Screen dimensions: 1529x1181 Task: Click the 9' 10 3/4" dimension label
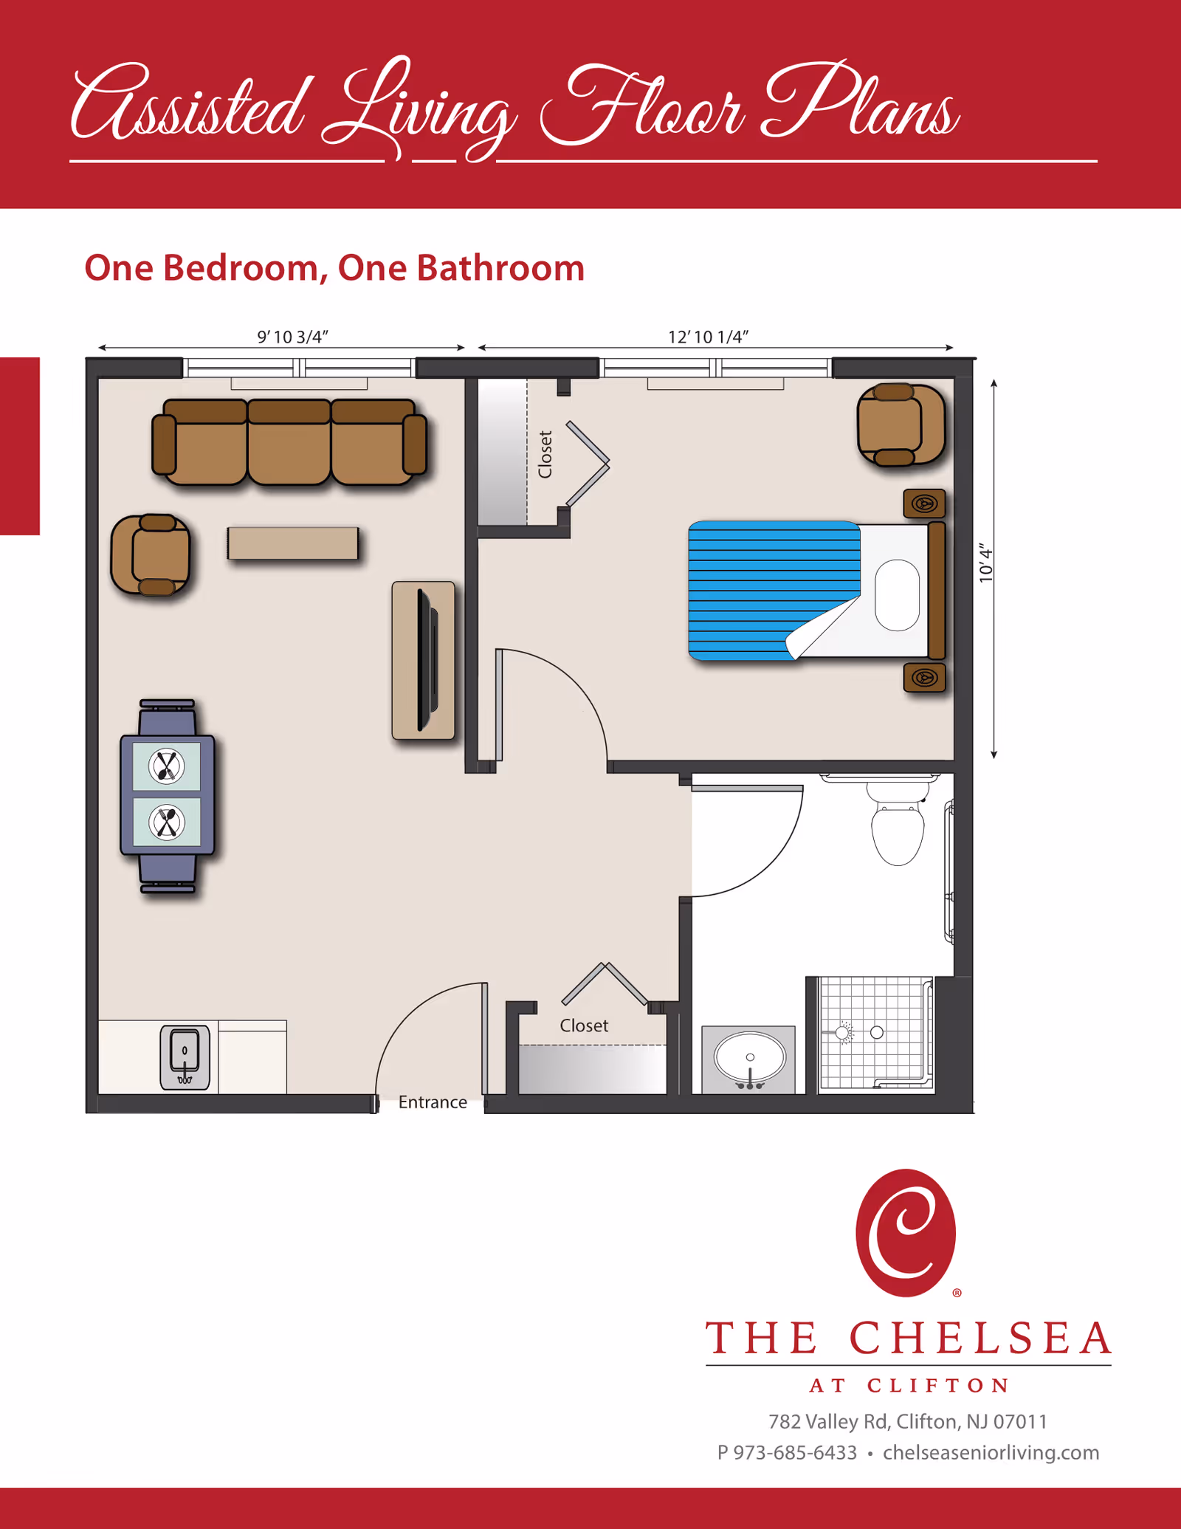tap(292, 337)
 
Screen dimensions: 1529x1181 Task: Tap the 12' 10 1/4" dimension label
tap(708, 337)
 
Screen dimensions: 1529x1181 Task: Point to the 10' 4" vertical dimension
tap(985, 565)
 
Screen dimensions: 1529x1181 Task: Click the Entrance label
tap(433, 1102)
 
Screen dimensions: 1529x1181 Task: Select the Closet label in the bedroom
tap(545, 455)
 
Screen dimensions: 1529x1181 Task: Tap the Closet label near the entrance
tap(584, 1025)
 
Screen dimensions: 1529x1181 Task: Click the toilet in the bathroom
tap(898, 831)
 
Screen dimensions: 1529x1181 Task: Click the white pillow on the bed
tap(897, 595)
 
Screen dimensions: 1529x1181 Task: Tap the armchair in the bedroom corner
tap(900, 425)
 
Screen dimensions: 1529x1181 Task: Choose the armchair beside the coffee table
tap(151, 554)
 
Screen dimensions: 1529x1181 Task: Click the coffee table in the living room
tap(293, 543)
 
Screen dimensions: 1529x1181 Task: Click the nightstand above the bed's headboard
tap(924, 504)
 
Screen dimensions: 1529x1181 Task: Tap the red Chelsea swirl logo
tap(906, 1233)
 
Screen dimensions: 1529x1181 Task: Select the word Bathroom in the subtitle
tap(500, 268)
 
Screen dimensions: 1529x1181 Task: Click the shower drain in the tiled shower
tap(876, 1032)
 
